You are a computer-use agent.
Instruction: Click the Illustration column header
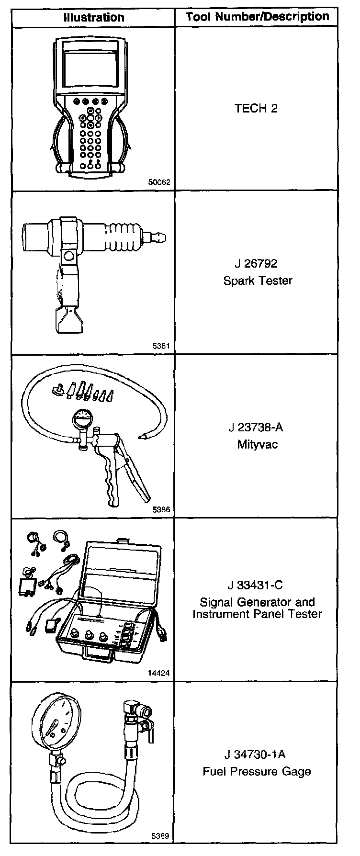point(94,18)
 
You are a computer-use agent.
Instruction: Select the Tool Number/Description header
point(258,17)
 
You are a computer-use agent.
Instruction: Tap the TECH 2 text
point(256,109)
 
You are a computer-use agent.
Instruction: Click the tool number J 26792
point(257,264)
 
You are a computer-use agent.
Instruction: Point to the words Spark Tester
point(258,280)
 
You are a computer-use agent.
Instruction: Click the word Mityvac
point(257,444)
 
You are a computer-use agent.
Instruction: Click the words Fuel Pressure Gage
point(257,771)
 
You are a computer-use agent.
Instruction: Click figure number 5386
point(161,510)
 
